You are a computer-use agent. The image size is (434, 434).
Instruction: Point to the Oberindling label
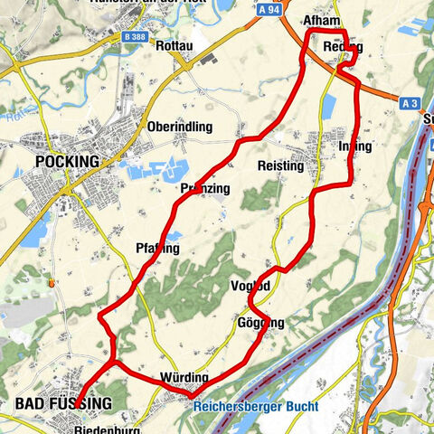(179, 127)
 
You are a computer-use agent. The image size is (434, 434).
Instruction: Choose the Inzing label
(354, 146)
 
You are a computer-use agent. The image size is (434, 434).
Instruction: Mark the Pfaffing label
(158, 248)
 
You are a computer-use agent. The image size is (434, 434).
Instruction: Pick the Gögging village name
(260, 323)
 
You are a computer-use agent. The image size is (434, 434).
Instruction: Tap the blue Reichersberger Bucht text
(255, 406)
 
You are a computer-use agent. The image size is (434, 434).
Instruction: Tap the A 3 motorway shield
(410, 104)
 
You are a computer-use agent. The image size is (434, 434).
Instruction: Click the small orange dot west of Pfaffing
(53, 282)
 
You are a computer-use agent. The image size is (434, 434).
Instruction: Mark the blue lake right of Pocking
(154, 170)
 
